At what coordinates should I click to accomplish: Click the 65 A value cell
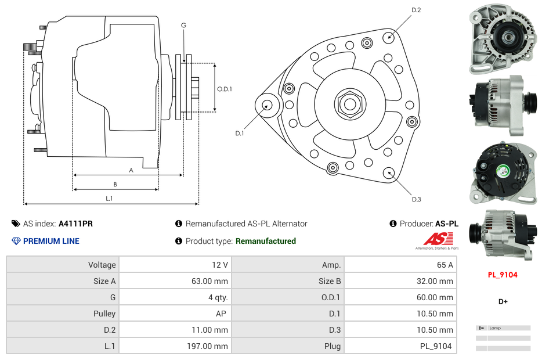tap(445, 265)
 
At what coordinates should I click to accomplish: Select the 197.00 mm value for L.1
tap(212, 346)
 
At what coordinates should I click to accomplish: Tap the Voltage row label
tap(102, 265)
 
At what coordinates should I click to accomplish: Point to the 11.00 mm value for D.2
tap(212, 330)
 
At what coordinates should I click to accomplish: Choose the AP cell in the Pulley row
tap(222, 314)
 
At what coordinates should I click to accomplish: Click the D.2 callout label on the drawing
tap(416, 10)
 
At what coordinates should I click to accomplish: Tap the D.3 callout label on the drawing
tap(416, 199)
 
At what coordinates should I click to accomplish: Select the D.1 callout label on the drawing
tap(240, 134)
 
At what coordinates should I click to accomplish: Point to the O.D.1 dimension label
tap(225, 89)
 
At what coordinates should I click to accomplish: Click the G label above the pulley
tap(183, 25)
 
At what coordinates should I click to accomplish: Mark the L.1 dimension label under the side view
tap(109, 199)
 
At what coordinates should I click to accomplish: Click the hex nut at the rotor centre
tap(349, 104)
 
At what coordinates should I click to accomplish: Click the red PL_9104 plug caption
tap(503, 275)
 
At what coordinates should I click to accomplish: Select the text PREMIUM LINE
tap(51, 241)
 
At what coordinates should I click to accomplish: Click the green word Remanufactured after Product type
tap(266, 241)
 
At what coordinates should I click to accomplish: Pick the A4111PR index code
tap(75, 224)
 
